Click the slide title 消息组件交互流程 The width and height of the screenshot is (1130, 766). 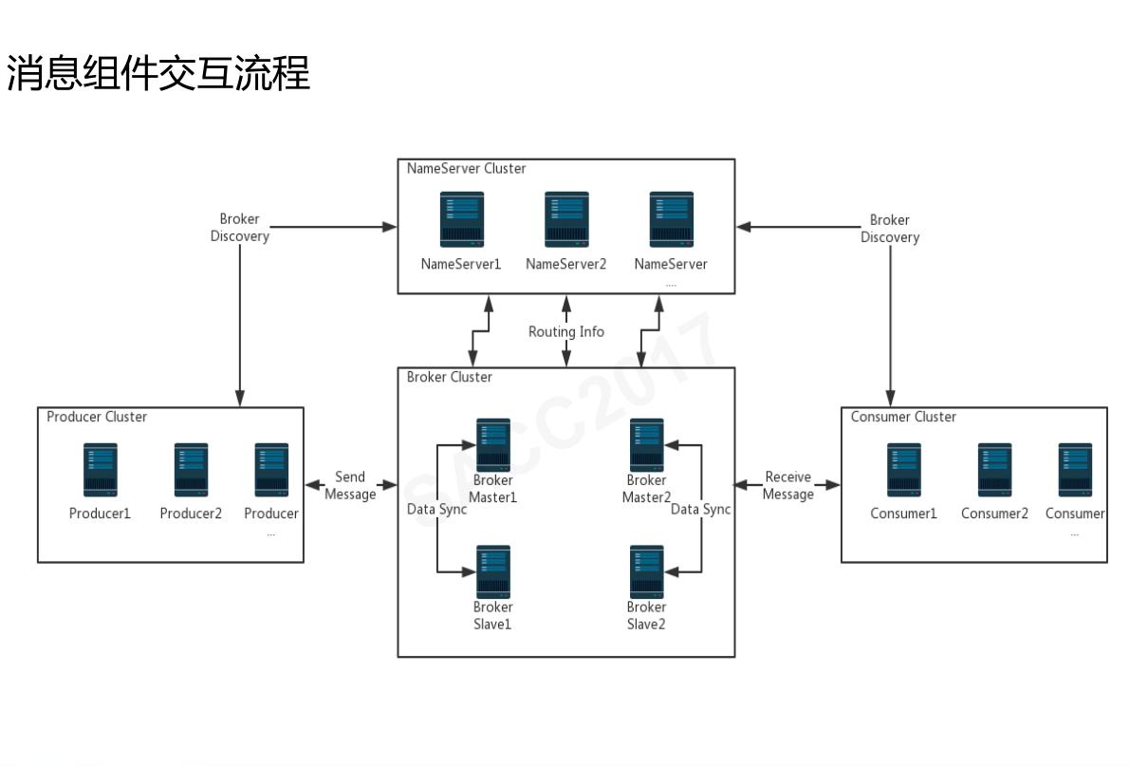pos(158,73)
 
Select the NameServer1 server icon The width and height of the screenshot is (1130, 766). pos(461,219)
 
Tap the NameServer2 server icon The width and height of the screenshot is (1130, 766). pos(565,219)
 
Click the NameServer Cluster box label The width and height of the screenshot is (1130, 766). pos(466,169)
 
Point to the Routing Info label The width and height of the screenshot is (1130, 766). pos(565,332)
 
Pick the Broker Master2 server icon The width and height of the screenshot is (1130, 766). pos(646,445)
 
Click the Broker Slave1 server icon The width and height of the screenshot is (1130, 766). pos(492,571)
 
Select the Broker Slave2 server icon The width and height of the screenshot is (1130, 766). pos(646,571)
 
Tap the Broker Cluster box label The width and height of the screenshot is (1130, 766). pos(449,378)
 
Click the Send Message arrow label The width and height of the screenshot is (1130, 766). pos(350,486)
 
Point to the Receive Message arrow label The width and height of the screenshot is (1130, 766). pos(787,486)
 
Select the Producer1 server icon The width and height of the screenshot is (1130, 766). pos(100,470)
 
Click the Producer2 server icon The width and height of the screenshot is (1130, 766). pos(191,470)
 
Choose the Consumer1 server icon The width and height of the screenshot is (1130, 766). pos(903,470)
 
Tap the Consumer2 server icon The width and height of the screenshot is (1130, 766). pos(994,470)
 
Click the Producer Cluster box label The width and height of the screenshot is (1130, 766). pos(97,418)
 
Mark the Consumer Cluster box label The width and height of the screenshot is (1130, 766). pos(903,418)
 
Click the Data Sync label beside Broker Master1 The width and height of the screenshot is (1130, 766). pos(436,510)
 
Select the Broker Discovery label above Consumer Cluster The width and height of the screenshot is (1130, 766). pos(889,229)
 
